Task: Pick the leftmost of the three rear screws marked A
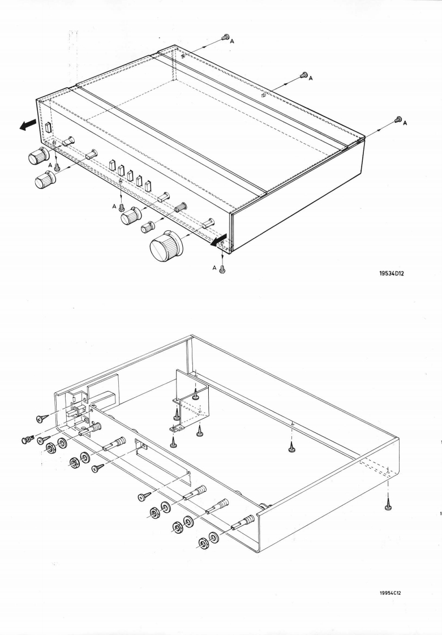point(224,37)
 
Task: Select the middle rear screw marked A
point(303,75)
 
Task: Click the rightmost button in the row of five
point(148,186)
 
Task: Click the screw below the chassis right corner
point(388,506)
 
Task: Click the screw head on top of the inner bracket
point(195,396)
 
